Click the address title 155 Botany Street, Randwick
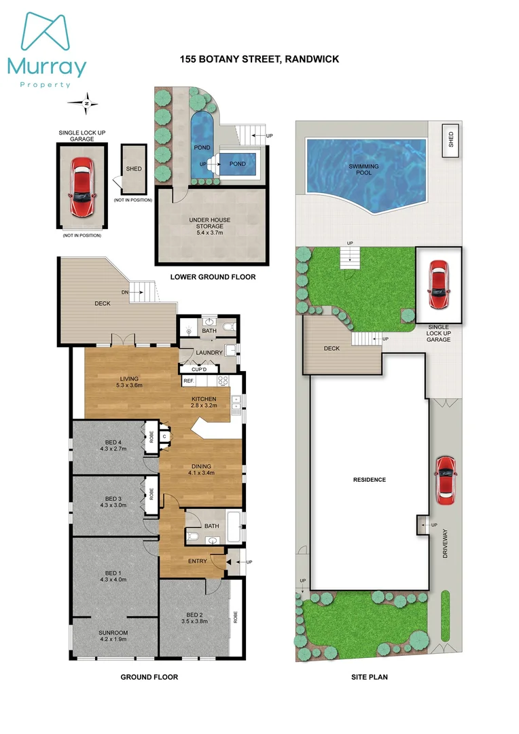point(259,59)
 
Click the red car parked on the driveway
point(445,481)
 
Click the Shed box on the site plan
point(450,140)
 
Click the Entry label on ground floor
point(197,561)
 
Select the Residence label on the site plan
point(369,480)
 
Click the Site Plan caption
point(370,677)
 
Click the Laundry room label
point(208,353)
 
